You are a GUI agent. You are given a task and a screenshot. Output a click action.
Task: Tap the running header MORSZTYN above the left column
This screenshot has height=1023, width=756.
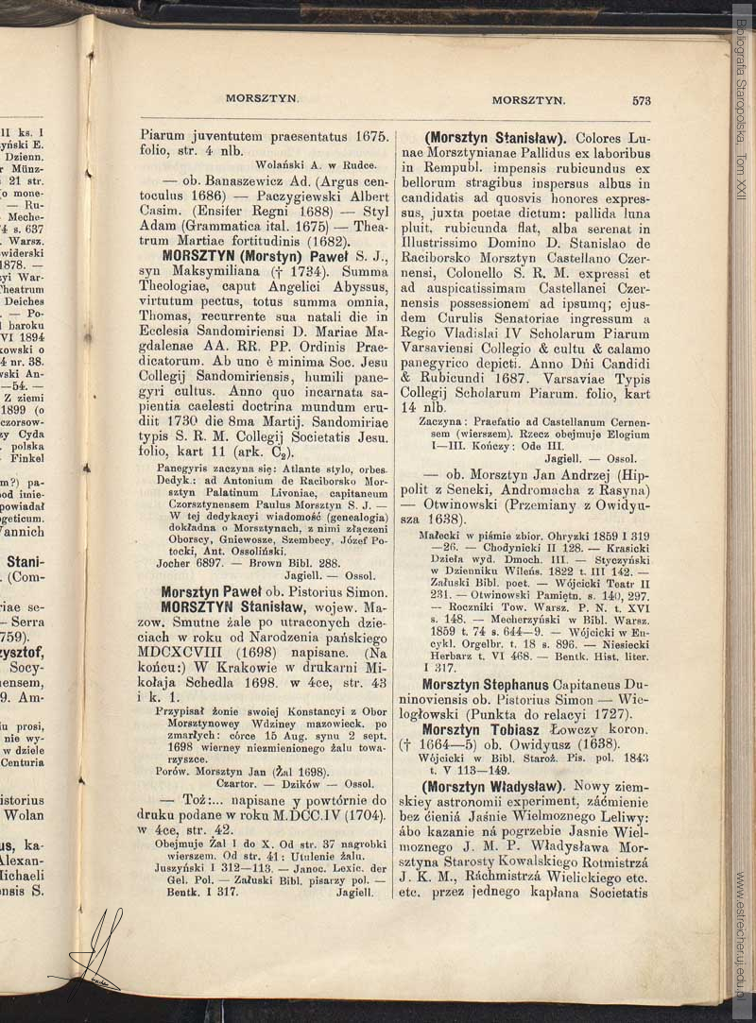coord(262,97)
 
